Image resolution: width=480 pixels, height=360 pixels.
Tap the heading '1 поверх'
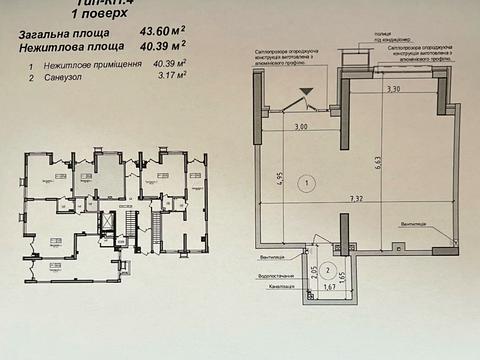[x=95, y=16]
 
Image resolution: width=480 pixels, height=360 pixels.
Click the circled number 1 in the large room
[x=308, y=182]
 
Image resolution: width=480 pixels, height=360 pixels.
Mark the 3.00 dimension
[x=301, y=127]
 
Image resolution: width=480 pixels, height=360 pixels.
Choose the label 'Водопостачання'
[x=277, y=273]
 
